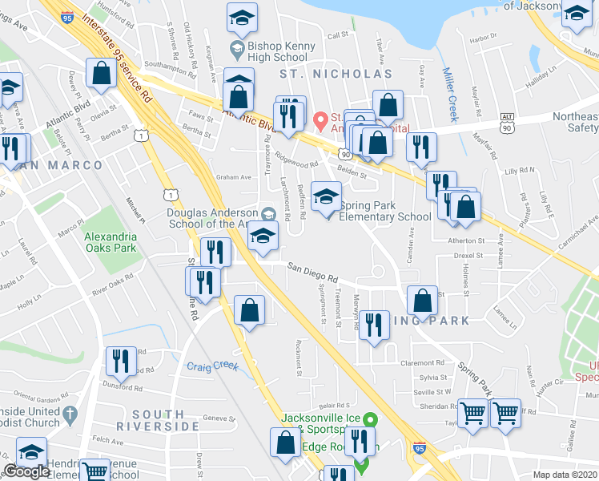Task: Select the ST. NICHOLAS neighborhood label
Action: [336, 74]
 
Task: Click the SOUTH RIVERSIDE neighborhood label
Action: [155, 420]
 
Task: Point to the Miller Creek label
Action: [450, 94]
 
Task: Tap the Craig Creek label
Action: [213, 366]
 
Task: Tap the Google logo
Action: [26, 471]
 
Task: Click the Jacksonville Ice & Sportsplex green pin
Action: [369, 418]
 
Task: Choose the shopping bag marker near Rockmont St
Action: [250, 310]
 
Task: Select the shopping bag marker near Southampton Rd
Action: [103, 75]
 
